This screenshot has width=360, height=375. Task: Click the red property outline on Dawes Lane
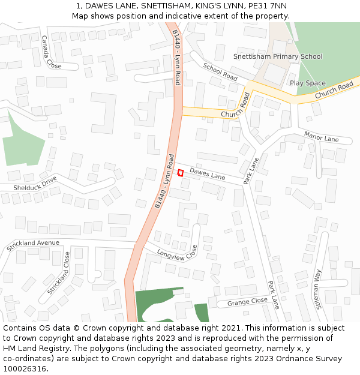180,173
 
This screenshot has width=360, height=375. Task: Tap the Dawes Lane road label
207,175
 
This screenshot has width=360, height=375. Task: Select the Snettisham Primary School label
277,56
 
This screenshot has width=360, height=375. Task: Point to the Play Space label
307,83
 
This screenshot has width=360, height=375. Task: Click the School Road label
220,72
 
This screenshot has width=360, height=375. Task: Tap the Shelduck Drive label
35,184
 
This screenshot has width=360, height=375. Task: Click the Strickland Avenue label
32,245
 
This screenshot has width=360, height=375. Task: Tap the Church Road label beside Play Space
334,91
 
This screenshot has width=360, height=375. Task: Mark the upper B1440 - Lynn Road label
176,58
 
